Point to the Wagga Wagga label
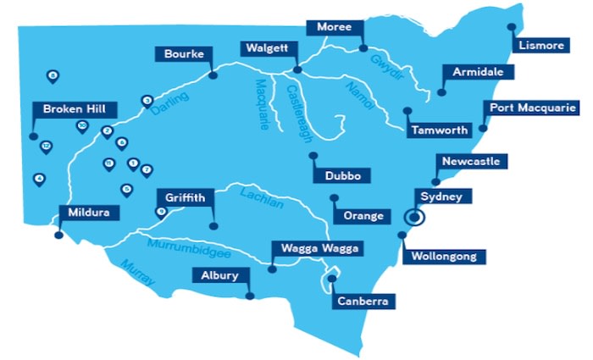[317, 249]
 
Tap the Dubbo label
[342, 176]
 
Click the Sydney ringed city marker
[414, 218]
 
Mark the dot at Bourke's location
[213, 75]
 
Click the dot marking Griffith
[213, 225]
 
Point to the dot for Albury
[251, 296]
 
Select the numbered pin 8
[53, 76]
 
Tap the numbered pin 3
[147, 100]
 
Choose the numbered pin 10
[81, 125]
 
